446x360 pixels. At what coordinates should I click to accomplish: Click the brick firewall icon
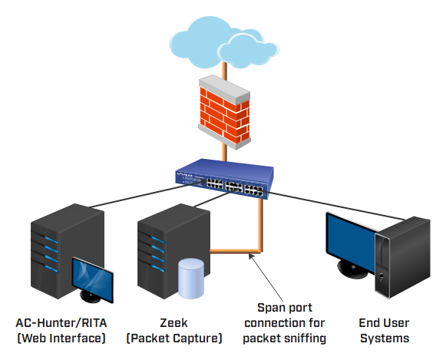pos(224,112)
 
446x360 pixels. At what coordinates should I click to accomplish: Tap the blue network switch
pos(225,178)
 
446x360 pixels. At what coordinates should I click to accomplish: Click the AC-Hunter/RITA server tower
pos(67,251)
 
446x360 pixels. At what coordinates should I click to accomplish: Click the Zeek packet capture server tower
pos(173,250)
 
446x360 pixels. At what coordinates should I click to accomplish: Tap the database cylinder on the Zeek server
pos(191,279)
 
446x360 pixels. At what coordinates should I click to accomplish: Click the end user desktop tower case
pos(402,257)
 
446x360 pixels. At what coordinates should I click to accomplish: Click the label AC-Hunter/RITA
pos(61,323)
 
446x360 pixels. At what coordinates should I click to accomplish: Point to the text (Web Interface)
pos(61,338)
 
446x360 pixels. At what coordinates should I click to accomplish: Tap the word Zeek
pos(173,323)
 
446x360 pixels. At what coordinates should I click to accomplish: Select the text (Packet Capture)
pos(173,338)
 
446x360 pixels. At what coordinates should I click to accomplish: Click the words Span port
pos(285,308)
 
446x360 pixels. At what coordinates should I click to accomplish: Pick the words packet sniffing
pos(285,339)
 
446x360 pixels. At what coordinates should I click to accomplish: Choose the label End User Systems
pos(385,330)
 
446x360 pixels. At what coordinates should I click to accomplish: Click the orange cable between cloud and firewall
pos(224,71)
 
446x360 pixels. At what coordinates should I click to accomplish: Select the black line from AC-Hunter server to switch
pos(147,193)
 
